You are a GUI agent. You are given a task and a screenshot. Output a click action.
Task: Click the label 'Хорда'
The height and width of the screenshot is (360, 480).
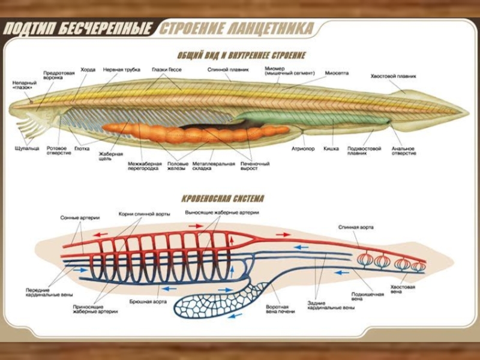point(88,70)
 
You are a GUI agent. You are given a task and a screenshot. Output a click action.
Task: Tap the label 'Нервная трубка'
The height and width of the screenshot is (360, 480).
point(121,70)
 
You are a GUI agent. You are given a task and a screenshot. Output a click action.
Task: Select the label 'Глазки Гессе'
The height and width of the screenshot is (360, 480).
point(166,70)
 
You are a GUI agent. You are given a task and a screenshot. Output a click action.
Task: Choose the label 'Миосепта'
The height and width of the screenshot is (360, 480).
point(337,73)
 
